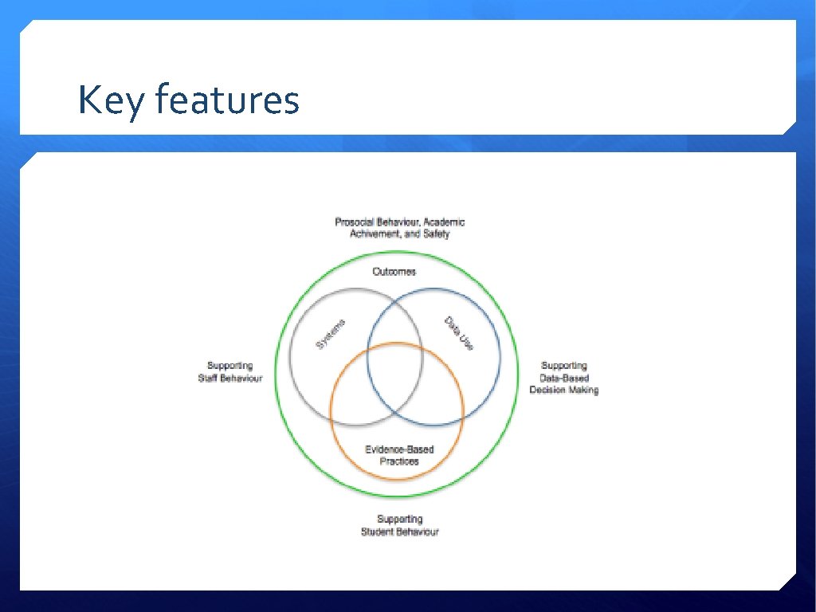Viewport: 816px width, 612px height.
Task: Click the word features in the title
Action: tap(227, 100)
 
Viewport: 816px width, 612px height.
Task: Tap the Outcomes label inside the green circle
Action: tap(394, 272)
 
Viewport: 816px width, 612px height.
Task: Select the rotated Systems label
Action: tap(331, 333)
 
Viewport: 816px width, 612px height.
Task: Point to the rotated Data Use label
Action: tap(460, 333)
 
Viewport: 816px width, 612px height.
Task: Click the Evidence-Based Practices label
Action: tap(399, 455)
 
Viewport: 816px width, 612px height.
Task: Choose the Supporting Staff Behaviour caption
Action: tap(229, 372)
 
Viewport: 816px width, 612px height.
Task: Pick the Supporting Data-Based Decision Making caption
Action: tap(563, 378)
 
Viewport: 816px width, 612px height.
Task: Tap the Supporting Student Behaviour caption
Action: tap(399, 525)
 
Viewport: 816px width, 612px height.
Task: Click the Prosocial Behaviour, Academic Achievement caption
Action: tap(399, 228)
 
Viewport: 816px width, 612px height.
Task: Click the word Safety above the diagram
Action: tap(437, 234)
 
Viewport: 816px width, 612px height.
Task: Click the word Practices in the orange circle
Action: tap(399, 461)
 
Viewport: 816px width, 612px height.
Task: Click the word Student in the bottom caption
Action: tap(379, 532)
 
